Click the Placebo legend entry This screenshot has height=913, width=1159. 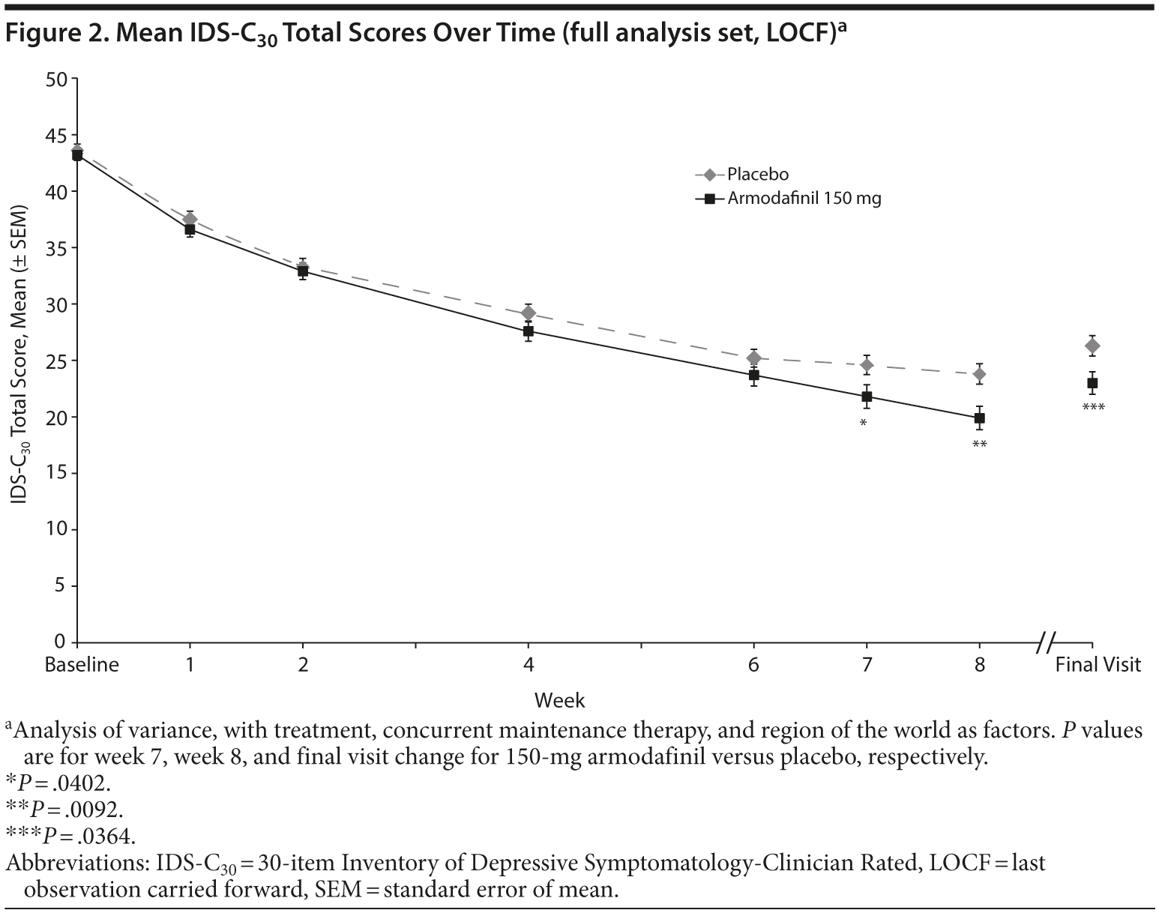point(757,175)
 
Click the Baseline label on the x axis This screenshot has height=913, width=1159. point(82,665)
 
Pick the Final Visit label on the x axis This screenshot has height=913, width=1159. point(1098,665)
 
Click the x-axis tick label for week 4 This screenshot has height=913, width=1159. point(529,665)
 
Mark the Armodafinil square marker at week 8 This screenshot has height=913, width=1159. point(979,418)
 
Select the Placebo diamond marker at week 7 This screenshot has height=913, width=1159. point(867,365)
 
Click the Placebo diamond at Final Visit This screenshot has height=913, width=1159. point(1092,346)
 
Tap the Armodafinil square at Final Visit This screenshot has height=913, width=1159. point(1092,383)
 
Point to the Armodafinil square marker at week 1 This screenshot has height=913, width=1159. point(190,229)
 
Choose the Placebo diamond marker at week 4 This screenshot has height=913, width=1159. point(529,313)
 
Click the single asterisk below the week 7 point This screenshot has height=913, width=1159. point(864,424)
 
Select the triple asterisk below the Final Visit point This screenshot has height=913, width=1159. point(1093,409)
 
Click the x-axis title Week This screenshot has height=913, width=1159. point(559,701)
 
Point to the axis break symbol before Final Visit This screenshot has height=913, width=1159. point(1047,642)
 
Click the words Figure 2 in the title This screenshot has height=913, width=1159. point(50,33)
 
